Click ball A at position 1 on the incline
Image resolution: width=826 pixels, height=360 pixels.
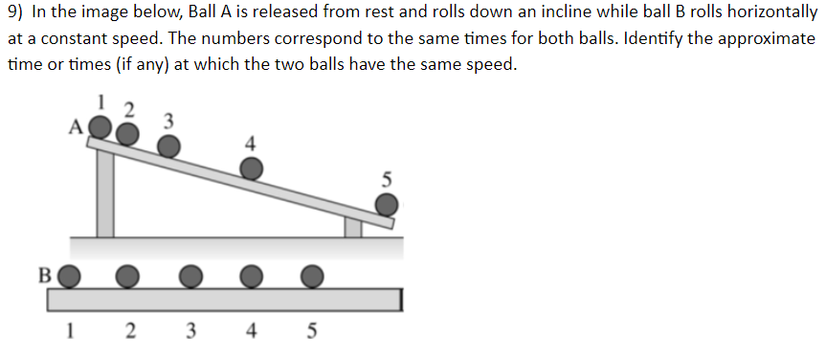(99, 126)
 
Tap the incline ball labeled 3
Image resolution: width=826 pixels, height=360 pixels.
(168, 146)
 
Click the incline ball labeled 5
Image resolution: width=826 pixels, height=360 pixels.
(386, 205)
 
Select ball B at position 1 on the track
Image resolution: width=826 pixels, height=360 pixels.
(70, 276)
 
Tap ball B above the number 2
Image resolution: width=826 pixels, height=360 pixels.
(127, 276)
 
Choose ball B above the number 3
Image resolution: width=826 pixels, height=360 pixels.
(190, 276)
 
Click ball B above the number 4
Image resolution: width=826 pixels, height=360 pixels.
(251, 276)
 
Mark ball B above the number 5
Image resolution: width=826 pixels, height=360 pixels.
(312, 276)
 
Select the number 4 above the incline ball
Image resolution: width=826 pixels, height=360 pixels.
(250, 144)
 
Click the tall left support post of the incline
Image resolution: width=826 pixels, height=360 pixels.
(104, 191)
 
